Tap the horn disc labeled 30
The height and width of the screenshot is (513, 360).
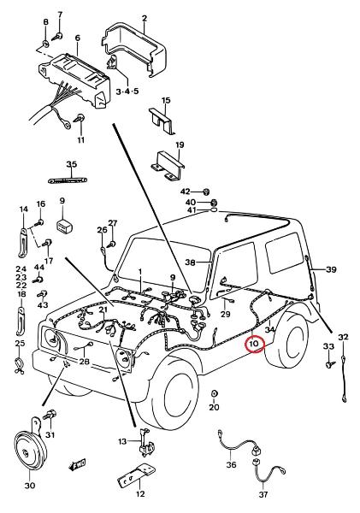30,452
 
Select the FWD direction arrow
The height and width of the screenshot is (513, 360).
77,464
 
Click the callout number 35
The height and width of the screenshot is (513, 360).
71,164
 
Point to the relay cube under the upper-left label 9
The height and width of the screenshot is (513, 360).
65,226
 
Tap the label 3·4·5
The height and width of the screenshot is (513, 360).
127,91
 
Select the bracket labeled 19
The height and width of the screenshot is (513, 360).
168,166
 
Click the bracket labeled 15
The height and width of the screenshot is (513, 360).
162,121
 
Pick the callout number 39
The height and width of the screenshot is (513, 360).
331,269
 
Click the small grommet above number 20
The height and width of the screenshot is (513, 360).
214,393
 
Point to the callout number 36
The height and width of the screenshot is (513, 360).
231,464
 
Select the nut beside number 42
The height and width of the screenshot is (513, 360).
206,192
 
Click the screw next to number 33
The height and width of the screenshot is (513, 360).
329,364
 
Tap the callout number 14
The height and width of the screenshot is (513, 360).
24,209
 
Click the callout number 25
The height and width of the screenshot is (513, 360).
20,344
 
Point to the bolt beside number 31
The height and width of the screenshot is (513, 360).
49,416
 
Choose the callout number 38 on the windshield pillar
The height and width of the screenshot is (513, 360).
190,262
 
